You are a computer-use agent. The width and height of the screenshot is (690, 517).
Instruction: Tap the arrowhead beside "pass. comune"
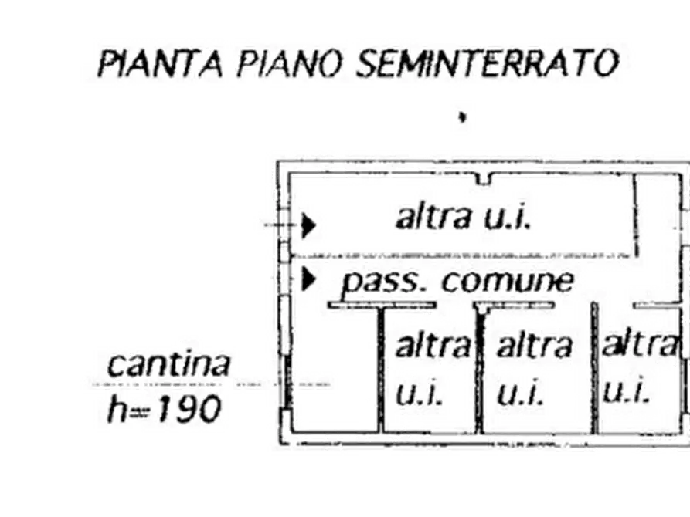tap(309, 279)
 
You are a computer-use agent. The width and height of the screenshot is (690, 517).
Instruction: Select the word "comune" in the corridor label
tap(508, 282)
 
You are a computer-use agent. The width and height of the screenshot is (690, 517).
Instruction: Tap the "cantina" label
tap(168, 364)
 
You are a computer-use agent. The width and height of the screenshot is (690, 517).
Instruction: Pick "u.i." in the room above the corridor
tap(507, 219)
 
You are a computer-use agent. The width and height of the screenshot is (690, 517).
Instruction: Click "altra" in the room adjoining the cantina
tap(433, 345)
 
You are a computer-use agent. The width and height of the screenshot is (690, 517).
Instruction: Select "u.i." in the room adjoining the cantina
tap(420, 395)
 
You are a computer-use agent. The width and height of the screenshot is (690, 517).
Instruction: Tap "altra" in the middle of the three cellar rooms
tap(535, 345)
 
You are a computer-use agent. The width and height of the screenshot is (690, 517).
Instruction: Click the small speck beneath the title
tap(461, 118)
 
